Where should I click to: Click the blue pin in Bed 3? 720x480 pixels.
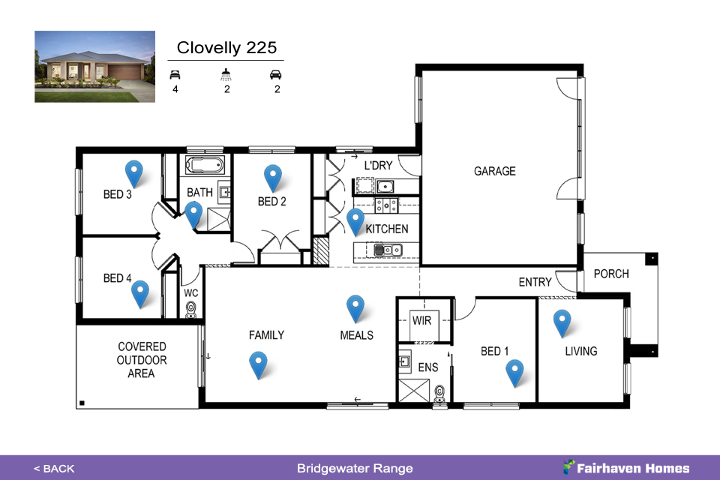tap(133, 172)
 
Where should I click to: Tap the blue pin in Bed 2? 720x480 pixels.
tap(273, 177)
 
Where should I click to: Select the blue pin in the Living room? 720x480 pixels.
tap(562, 322)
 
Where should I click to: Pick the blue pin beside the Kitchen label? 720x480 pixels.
tap(355, 220)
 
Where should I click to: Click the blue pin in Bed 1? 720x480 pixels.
tap(514, 371)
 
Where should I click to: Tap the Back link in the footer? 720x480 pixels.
tap(54, 469)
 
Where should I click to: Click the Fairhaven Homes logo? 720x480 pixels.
tap(626, 467)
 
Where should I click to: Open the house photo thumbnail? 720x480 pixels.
tap(95, 67)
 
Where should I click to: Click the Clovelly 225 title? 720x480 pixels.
tap(226, 47)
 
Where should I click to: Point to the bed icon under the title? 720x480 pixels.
tap(175, 74)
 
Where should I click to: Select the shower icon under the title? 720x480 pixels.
tap(226, 74)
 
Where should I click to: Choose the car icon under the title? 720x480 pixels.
tap(275, 74)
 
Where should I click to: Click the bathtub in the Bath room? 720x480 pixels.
tap(205, 165)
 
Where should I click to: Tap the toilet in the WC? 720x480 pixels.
tap(191, 310)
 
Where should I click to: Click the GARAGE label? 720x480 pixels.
tap(494, 171)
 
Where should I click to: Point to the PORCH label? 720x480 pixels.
tap(611, 274)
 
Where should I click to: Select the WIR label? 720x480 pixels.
tap(421, 320)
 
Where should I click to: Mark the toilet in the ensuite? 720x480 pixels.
tap(440, 394)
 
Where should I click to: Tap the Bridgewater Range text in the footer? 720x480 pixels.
tap(355, 469)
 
